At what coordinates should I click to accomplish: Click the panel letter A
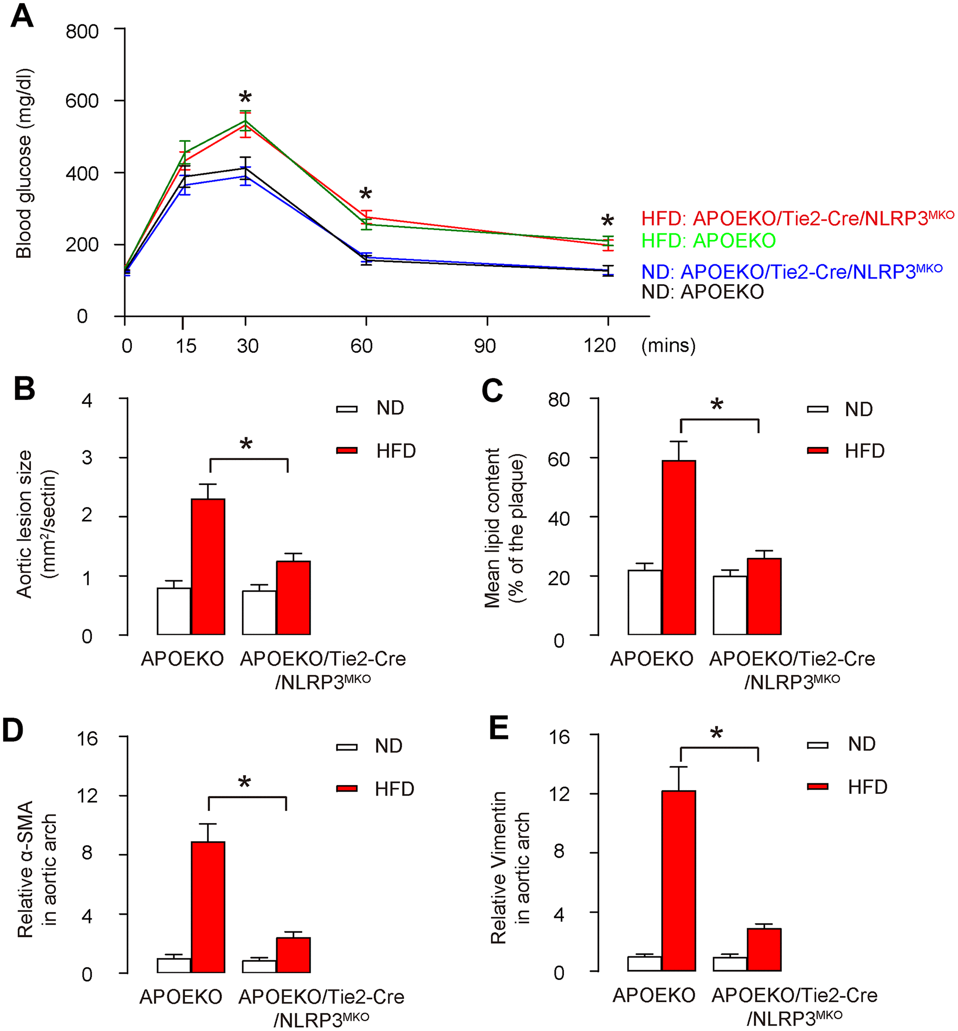click(x=22, y=16)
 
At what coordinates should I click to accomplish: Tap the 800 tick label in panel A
click(x=82, y=31)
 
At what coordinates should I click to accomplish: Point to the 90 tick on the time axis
click(x=485, y=345)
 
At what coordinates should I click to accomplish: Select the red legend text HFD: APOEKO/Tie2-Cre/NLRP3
click(x=797, y=218)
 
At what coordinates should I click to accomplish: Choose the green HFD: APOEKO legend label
click(x=708, y=240)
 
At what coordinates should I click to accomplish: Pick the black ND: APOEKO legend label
click(x=703, y=292)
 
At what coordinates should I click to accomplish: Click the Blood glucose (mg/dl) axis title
click(x=24, y=163)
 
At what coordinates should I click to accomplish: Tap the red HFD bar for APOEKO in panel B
click(x=208, y=566)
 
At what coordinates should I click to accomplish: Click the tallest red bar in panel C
click(x=679, y=547)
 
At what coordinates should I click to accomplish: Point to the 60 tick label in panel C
click(x=559, y=459)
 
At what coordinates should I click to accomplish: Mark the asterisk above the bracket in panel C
click(x=717, y=404)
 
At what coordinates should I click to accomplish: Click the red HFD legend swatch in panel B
click(x=347, y=450)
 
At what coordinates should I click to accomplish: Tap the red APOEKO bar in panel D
click(x=208, y=907)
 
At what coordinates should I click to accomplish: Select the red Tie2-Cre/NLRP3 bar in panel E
click(x=764, y=949)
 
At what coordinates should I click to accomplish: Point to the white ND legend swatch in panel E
click(x=818, y=745)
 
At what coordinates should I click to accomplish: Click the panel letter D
click(x=14, y=731)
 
